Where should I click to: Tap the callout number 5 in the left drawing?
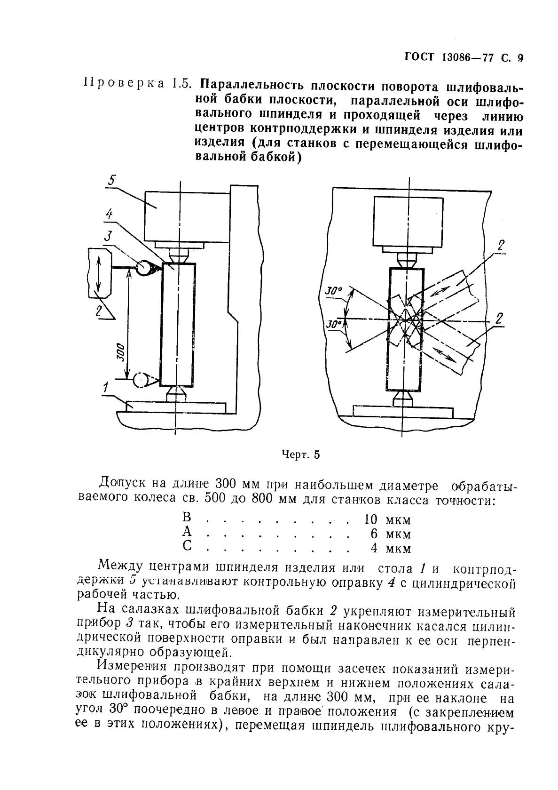[111, 180]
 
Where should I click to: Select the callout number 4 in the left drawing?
[109, 215]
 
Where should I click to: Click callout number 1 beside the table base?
[106, 388]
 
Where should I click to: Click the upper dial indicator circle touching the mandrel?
[143, 268]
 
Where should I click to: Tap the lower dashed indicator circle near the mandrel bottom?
[140, 380]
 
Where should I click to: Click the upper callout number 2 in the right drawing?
[501, 245]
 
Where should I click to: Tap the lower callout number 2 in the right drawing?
[499, 319]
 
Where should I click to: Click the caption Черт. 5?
[300, 455]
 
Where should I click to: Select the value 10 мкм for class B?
[387, 519]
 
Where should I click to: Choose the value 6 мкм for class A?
[390, 534]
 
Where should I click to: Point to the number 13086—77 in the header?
[467, 59]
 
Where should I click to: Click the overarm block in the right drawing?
[408, 222]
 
